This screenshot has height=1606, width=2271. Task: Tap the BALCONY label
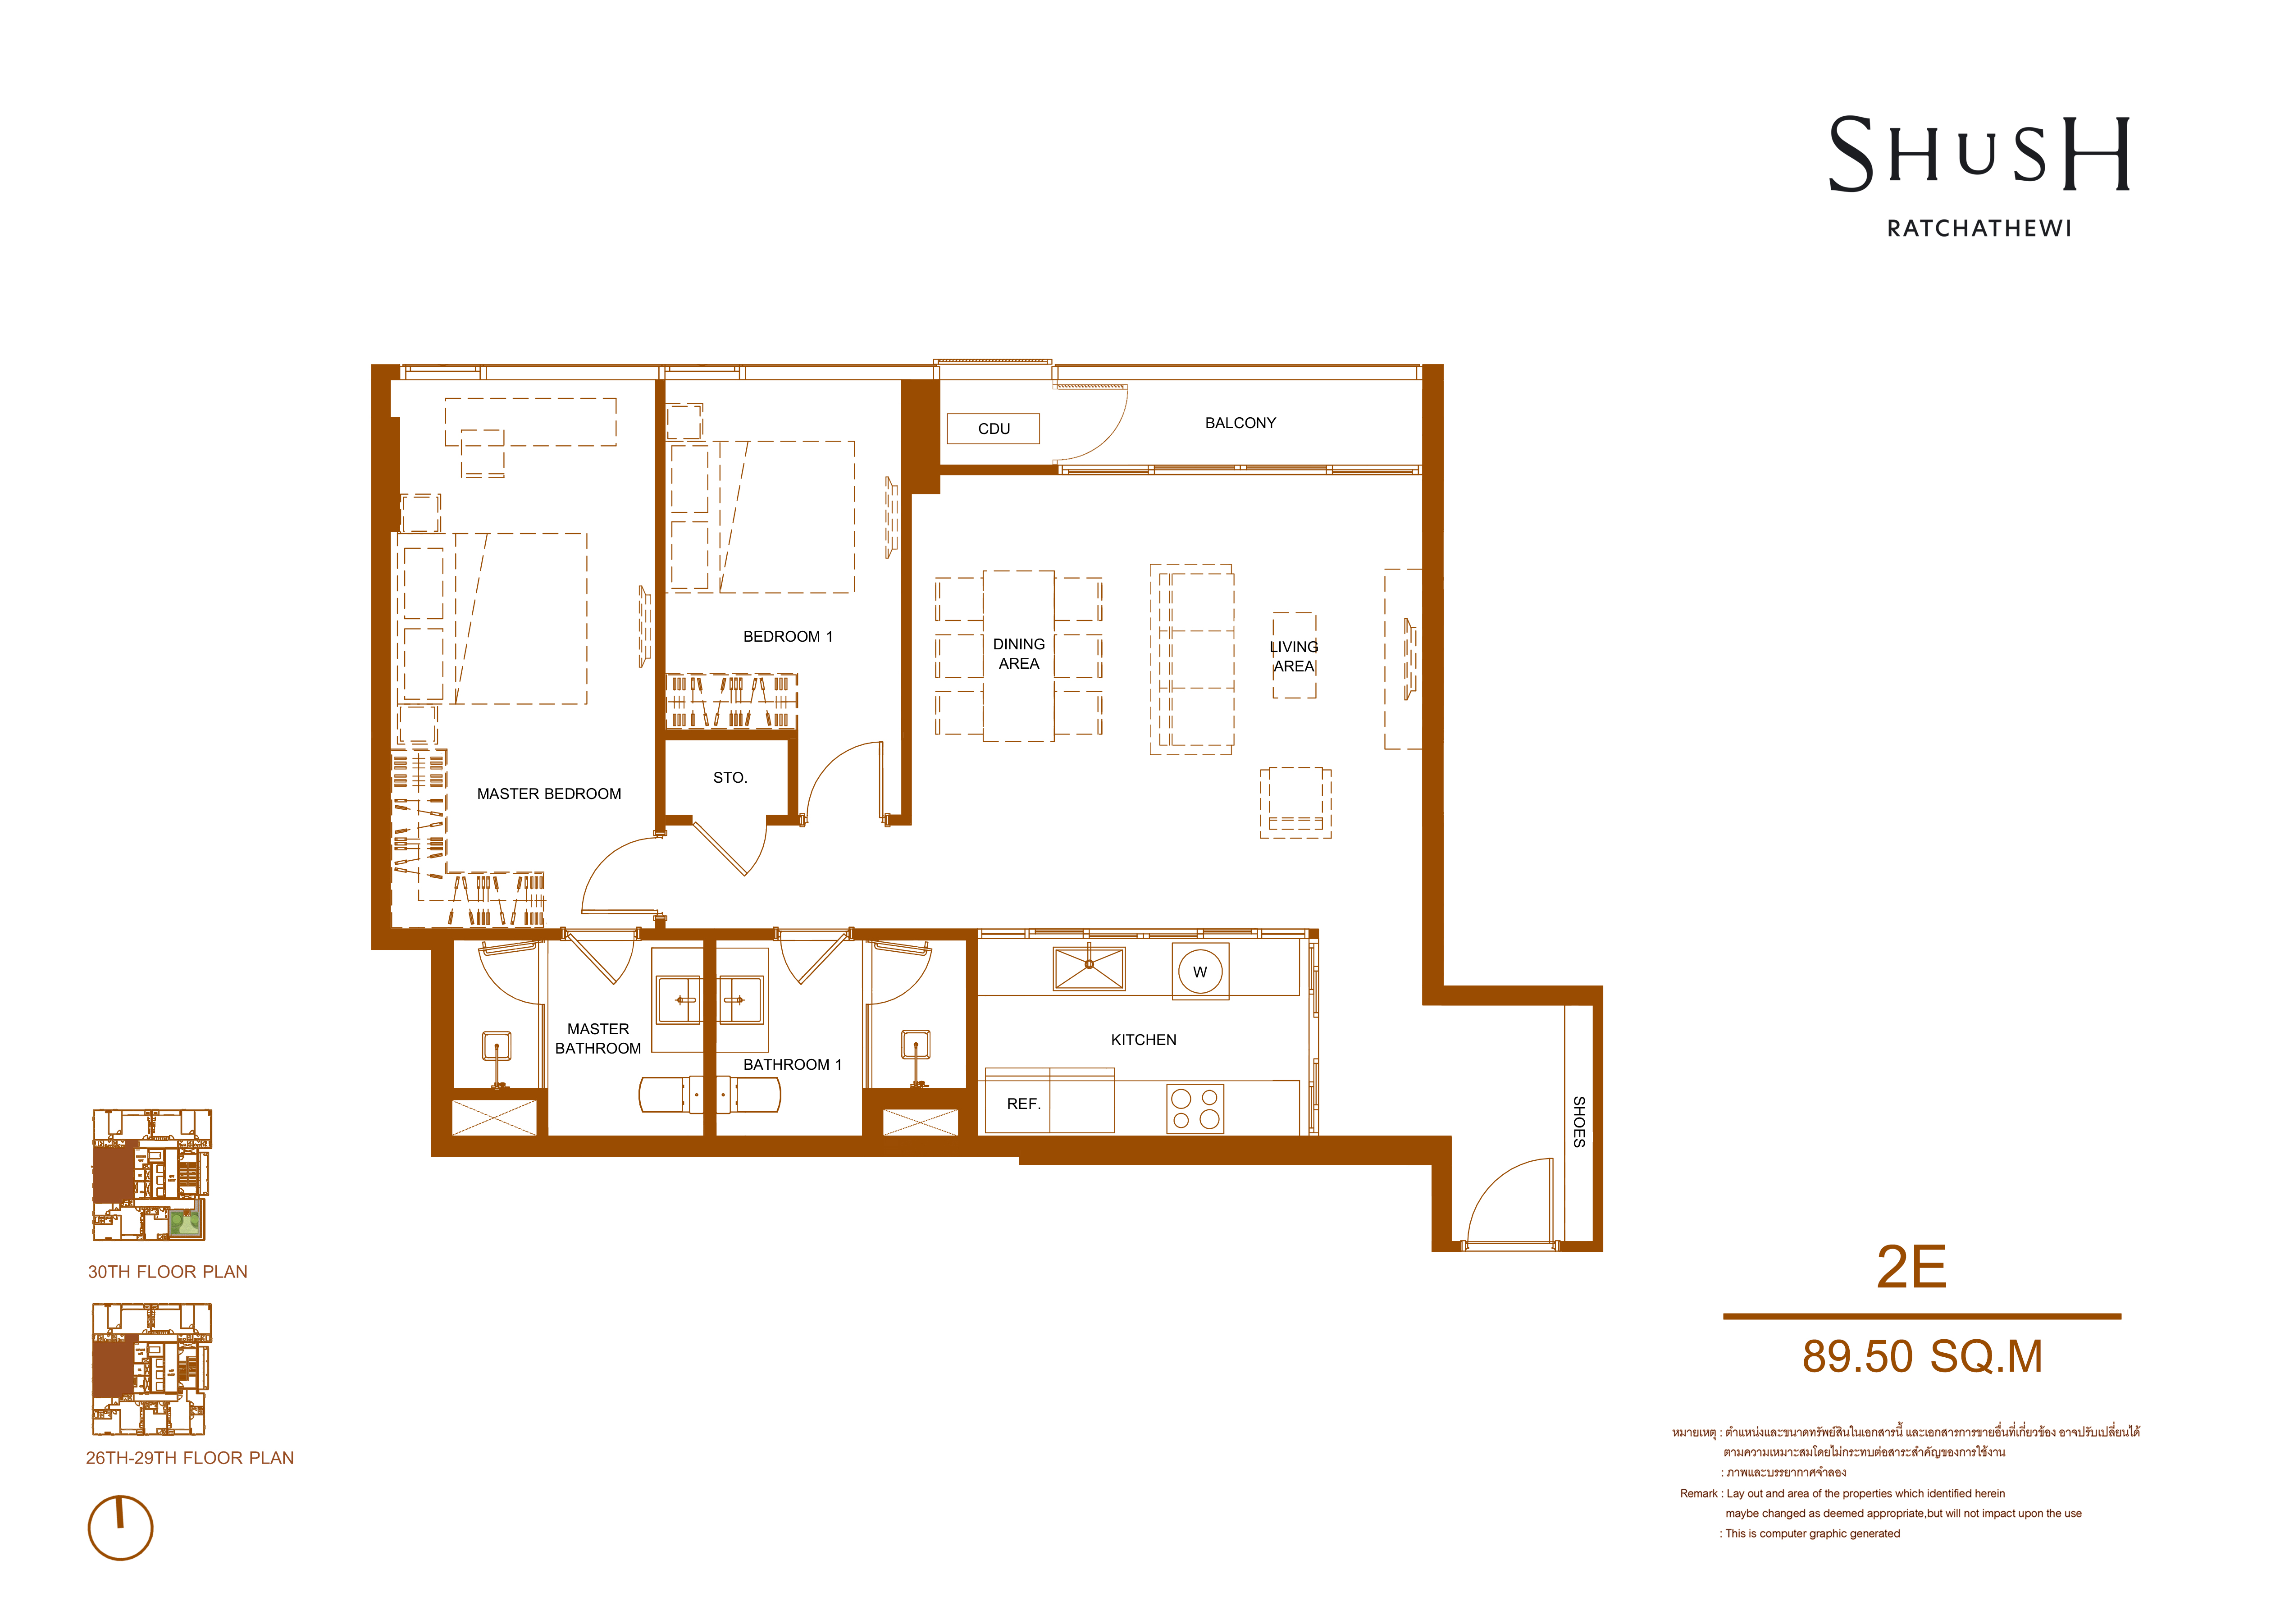pos(1240,423)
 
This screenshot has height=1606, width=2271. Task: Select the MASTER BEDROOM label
pos(549,794)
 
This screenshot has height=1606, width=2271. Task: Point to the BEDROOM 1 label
pos(789,637)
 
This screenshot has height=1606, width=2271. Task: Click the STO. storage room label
pos(730,778)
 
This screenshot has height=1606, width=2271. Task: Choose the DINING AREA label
pos(1019,654)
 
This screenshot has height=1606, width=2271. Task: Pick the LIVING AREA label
pos(1294,657)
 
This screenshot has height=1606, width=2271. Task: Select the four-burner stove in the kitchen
pos(1195,1109)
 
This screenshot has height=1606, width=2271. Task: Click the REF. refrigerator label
pos(1024,1104)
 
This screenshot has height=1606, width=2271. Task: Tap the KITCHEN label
pos(1144,1040)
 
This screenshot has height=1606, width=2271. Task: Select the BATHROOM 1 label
pos(792,1065)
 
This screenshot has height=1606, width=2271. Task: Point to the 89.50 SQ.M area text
pos(1922,1357)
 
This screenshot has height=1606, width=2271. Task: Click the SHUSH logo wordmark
pos(1978,155)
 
